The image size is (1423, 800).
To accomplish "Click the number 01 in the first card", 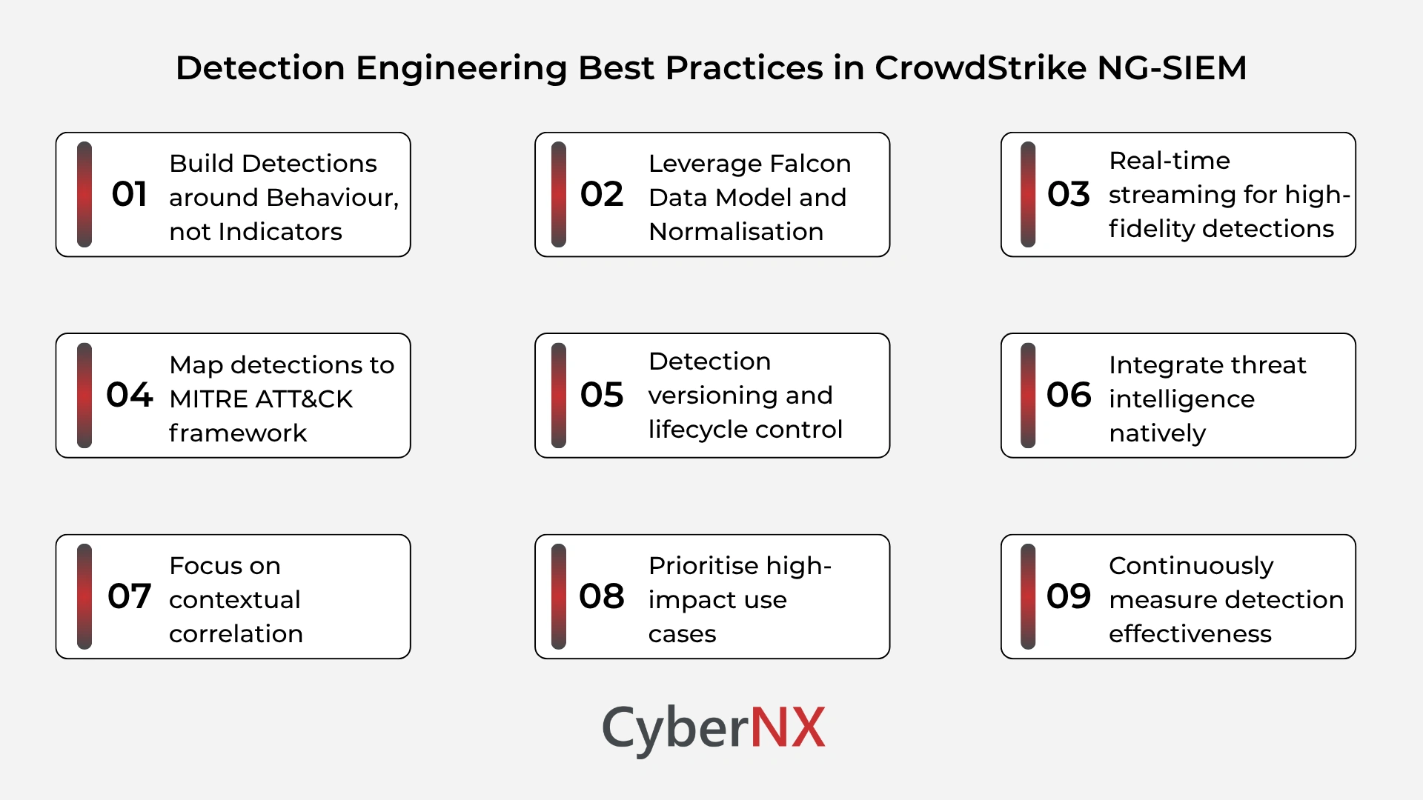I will click(129, 194).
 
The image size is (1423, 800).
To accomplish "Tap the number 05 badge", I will click(602, 395).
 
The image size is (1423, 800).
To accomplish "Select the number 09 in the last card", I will click(1068, 596).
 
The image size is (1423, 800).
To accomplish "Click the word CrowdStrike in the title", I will click(980, 68).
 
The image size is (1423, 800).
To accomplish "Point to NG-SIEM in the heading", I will click(1171, 68).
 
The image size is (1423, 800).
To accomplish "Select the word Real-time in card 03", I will click(1169, 160).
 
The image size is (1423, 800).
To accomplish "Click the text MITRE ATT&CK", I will click(261, 399).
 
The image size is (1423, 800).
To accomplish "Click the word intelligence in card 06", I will click(1181, 399).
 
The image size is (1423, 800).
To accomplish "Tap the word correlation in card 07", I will click(236, 633).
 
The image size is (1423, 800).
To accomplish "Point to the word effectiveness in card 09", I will click(1190, 633).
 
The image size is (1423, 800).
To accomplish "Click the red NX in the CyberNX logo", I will click(787, 727).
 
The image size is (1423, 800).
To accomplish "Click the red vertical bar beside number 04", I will click(84, 396).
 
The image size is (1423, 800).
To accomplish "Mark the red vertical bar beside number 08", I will click(559, 596).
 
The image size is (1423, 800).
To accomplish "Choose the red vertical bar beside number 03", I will click(1028, 194).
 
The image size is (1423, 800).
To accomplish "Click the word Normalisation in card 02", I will click(735, 231).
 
